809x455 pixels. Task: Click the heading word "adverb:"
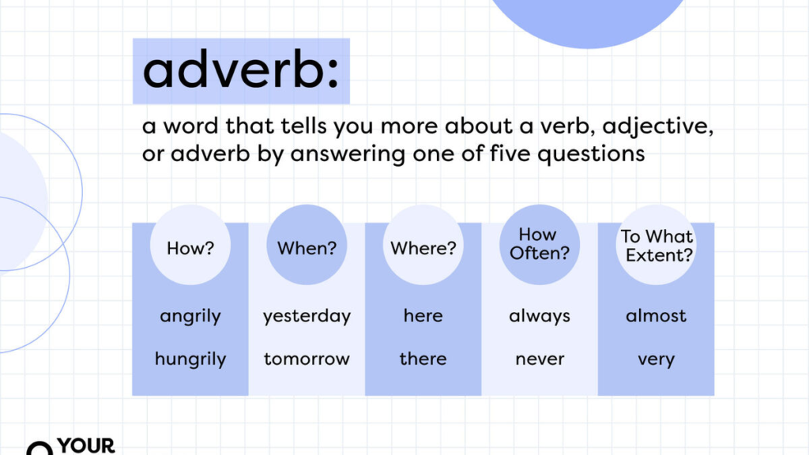click(241, 71)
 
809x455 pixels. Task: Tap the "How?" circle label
click(190, 248)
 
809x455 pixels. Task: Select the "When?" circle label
click(307, 248)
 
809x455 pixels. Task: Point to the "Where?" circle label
click(423, 248)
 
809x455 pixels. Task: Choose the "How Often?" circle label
click(539, 243)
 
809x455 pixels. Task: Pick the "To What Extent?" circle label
click(656, 245)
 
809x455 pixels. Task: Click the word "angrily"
click(190, 317)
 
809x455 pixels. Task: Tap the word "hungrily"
click(190, 359)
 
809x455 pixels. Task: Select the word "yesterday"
click(307, 317)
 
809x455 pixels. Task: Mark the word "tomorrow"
click(307, 359)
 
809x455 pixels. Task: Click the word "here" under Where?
click(423, 316)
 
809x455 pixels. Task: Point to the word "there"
click(423, 359)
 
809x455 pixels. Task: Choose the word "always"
click(540, 317)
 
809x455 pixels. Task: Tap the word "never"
click(540, 359)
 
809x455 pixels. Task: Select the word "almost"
click(656, 316)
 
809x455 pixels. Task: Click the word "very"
click(656, 360)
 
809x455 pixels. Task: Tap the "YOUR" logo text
click(86, 445)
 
